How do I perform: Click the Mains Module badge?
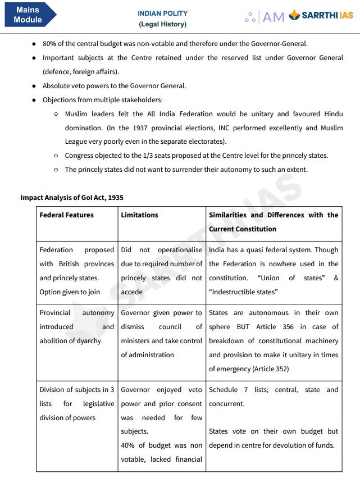28,15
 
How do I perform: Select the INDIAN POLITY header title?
162,13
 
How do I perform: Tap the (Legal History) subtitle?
162,24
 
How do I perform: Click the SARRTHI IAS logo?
321,16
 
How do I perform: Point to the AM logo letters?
274,17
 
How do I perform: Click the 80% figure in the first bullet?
51,43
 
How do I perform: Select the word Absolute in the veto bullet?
58,86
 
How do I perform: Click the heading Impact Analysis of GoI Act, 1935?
72,198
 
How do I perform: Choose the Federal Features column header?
66,215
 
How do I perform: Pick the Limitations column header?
139,215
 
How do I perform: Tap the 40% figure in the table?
129,445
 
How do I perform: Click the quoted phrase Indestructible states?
243,292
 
